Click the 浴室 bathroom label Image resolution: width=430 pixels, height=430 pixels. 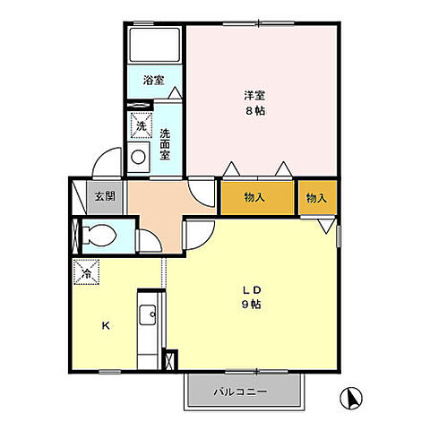tap(153, 80)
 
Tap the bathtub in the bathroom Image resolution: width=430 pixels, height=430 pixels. tap(154, 45)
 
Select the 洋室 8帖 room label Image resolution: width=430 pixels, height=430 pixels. tap(254, 103)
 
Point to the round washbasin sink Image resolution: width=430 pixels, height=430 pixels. tap(138, 157)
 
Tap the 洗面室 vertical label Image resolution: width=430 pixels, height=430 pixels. tap(165, 144)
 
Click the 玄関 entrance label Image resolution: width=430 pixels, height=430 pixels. tap(105, 196)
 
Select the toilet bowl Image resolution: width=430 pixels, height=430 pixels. tap(99, 235)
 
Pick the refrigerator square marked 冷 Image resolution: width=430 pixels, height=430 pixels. tap(86, 272)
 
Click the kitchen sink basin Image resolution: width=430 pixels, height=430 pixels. tap(148, 315)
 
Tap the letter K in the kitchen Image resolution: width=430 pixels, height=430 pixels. tap(106, 326)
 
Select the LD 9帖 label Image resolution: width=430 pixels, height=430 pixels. tap(252, 297)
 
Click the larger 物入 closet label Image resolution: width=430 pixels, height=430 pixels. tap(254, 197)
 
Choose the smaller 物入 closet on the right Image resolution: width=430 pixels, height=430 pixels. tap(316, 198)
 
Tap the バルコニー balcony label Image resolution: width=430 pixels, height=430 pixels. tap(240, 391)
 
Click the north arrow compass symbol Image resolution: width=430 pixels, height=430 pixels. tap(351, 398)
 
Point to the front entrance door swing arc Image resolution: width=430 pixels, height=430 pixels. tap(100, 158)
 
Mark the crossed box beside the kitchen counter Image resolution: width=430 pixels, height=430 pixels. tap(169, 360)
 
